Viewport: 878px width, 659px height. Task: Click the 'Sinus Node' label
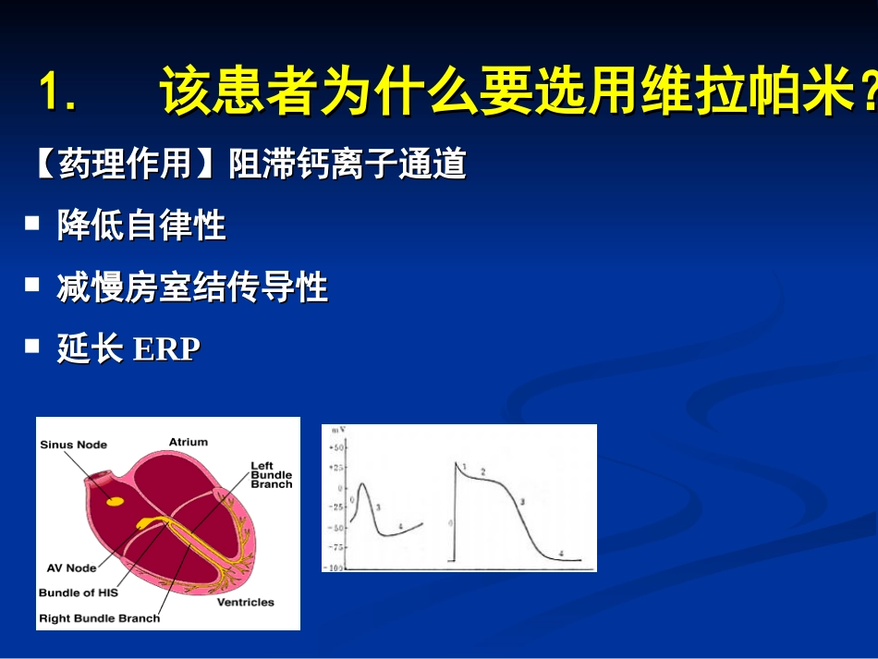[x=73, y=445]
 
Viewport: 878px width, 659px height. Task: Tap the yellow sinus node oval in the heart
[x=116, y=501]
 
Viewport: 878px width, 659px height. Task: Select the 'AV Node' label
[x=71, y=567]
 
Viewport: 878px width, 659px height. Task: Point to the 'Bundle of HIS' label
[x=79, y=592]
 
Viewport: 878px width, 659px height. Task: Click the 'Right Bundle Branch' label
[x=99, y=617]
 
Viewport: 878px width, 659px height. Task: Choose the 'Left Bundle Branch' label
[x=271, y=475]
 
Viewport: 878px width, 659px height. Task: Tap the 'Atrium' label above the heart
[x=189, y=442]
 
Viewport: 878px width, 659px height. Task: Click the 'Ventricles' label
[x=245, y=602]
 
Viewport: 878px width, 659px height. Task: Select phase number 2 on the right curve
[x=482, y=471]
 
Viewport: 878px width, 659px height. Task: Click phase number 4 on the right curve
[x=561, y=553]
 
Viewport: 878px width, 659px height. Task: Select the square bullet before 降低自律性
[x=32, y=223]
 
